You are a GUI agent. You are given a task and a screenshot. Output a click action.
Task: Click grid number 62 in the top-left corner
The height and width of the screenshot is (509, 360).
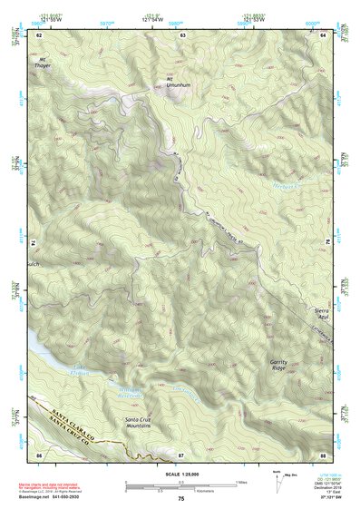(x=38, y=34)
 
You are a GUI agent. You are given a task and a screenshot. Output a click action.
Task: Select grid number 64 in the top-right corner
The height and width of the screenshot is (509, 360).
(x=323, y=34)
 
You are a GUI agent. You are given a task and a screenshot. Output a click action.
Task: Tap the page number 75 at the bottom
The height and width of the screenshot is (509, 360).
(x=180, y=498)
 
